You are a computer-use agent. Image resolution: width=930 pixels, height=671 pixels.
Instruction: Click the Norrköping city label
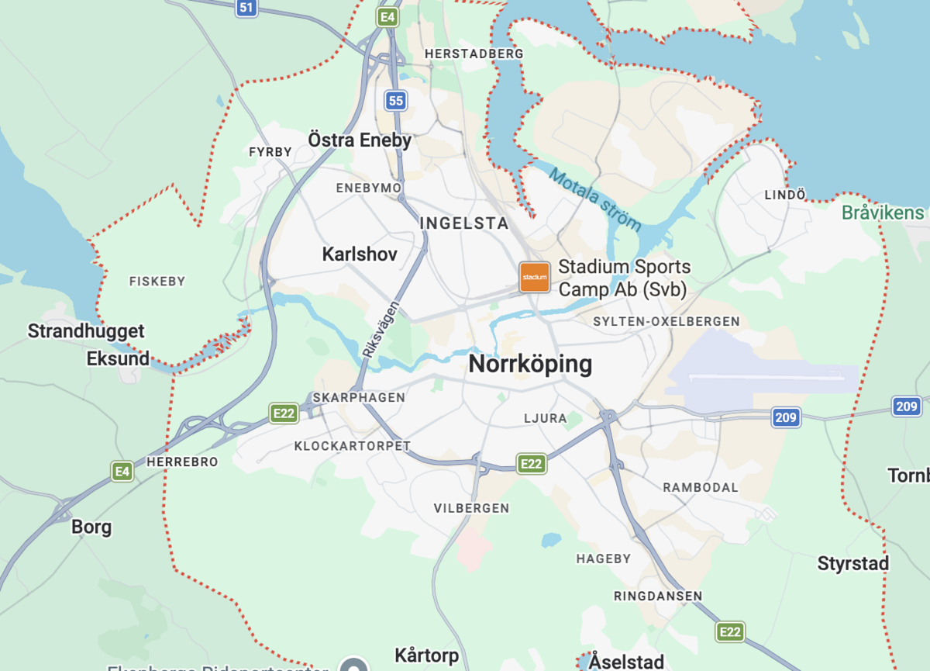[530, 364]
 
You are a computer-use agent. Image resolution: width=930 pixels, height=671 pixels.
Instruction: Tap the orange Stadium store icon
[535, 277]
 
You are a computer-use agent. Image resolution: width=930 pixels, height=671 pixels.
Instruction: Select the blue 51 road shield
[246, 9]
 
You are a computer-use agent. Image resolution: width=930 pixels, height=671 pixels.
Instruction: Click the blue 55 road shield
[396, 100]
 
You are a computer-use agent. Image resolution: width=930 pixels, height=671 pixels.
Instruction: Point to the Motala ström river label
[595, 199]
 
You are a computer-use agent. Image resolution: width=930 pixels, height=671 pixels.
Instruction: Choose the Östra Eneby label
[360, 140]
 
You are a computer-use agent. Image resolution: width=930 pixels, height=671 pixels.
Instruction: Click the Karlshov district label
[360, 254]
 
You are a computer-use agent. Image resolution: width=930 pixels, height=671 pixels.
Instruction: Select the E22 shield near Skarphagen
[284, 413]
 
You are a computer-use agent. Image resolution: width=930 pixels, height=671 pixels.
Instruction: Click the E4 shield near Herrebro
[122, 471]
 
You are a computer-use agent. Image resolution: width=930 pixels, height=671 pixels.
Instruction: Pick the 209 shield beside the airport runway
[785, 418]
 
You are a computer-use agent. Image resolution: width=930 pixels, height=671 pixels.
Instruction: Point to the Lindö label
[785, 195]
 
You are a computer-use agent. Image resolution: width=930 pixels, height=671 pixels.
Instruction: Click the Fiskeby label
[157, 282]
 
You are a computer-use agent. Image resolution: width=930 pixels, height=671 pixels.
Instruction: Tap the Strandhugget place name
[86, 331]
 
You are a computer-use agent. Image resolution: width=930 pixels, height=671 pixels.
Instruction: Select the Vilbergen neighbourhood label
[471, 508]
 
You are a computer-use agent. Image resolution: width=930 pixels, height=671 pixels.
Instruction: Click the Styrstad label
[852, 564]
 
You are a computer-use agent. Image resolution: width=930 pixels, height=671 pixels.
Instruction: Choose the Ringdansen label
[657, 596]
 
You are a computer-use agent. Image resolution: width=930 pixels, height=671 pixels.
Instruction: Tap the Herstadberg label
[474, 54]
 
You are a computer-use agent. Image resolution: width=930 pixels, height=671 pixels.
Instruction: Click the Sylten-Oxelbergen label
[666, 321]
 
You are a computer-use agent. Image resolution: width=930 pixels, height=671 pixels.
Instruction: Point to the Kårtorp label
[426, 655]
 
